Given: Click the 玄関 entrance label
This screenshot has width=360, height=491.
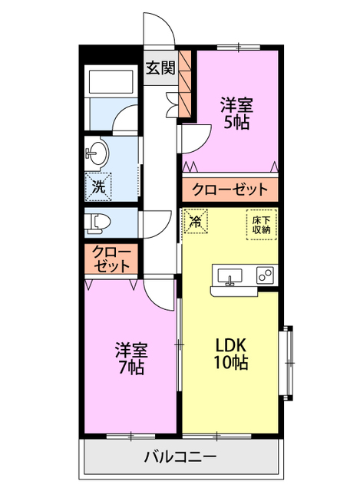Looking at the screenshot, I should [160, 68].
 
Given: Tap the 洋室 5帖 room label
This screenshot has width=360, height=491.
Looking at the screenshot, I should [236, 112].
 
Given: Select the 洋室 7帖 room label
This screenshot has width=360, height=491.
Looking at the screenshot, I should [130, 357].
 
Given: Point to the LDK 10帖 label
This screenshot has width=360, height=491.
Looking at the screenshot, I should [230, 353].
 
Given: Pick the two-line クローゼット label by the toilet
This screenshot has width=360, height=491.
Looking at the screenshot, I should [111, 259].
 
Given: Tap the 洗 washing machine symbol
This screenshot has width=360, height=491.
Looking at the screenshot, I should [98, 185].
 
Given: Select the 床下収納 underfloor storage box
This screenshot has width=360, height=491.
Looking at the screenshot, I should [261, 224].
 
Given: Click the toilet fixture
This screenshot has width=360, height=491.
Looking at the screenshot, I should [98, 223].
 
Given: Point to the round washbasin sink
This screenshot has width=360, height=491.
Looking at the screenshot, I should [96, 153].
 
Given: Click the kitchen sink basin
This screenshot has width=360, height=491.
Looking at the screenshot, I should [230, 275].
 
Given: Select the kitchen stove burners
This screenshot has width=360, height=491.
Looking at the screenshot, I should [266, 275].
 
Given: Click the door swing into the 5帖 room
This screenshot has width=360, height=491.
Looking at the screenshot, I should [197, 138].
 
